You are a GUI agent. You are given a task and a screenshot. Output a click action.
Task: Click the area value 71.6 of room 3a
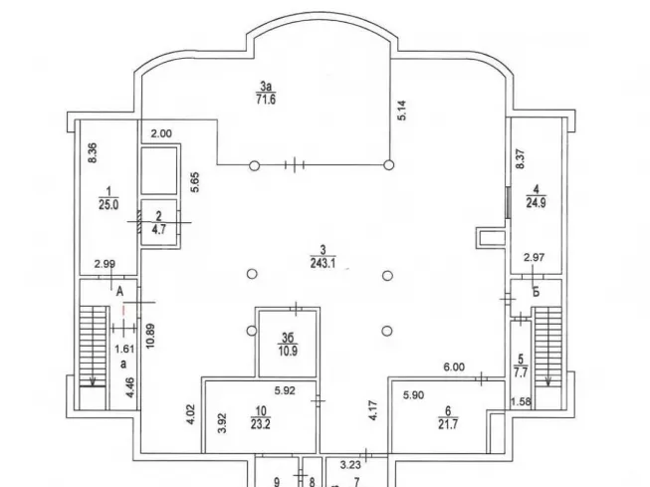click(266, 100)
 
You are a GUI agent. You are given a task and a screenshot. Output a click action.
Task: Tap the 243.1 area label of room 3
click(323, 263)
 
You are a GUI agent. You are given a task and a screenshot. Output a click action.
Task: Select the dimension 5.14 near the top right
click(402, 111)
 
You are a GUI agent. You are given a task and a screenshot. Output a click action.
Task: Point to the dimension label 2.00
click(161, 133)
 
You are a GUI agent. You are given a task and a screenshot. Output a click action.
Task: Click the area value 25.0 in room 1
click(108, 204)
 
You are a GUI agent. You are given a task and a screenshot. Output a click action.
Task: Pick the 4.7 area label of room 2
click(159, 229)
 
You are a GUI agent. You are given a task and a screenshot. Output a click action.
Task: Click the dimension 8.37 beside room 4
click(520, 159)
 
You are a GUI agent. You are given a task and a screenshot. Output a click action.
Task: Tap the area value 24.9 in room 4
click(536, 203)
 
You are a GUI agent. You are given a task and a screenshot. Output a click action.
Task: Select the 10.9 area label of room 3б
click(288, 352)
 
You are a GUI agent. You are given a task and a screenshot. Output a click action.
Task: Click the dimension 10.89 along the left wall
click(150, 336)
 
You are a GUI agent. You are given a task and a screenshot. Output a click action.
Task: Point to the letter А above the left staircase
click(119, 292)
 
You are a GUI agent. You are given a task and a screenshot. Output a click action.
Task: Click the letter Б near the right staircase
click(536, 292)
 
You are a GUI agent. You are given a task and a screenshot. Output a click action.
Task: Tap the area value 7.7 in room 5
click(521, 372)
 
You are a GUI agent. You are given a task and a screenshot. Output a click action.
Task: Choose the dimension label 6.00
click(454, 366)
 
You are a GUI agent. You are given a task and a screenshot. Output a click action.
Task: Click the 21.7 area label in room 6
click(448, 424)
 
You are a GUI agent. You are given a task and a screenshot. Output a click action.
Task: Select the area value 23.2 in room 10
click(261, 424)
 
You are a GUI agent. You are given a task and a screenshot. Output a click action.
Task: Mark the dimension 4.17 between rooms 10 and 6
click(372, 410)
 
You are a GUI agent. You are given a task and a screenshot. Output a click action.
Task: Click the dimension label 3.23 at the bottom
click(350, 465)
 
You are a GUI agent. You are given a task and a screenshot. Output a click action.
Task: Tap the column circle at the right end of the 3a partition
click(388, 165)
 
